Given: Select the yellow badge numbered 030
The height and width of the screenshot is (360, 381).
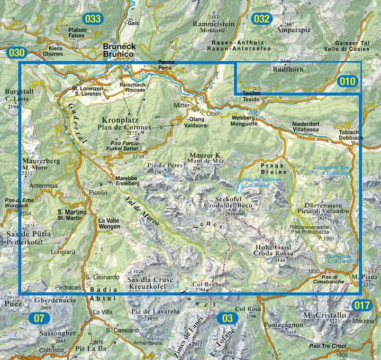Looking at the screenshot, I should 16,53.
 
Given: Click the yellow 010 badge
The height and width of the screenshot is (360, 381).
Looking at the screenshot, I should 348,81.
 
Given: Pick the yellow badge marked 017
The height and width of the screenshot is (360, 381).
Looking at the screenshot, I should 362,305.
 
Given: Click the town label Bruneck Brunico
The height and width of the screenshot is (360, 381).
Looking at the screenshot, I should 120,50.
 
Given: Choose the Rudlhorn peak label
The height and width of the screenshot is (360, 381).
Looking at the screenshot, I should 287,68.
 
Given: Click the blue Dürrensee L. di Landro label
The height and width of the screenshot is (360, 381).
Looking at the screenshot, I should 338,259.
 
